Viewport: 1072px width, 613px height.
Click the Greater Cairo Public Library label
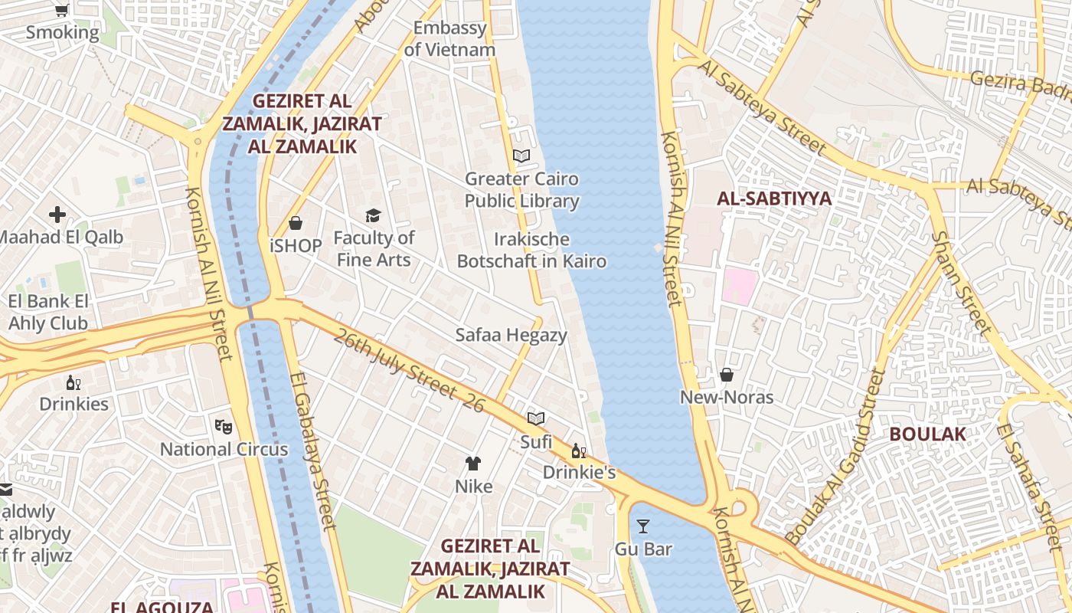pyautogui.click(x=521, y=190)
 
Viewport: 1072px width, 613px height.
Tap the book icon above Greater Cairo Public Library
pyautogui.click(x=521, y=156)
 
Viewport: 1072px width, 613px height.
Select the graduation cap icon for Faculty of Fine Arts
pyautogui.click(x=373, y=215)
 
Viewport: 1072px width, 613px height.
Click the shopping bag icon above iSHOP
pyautogui.click(x=296, y=223)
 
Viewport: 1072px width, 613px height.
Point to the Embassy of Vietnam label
pyautogui.click(x=449, y=39)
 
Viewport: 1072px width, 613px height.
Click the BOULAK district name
pyautogui.click(x=927, y=434)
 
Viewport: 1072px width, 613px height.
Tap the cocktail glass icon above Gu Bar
pyautogui.click(x=643, y=526)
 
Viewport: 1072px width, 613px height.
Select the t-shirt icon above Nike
pyautogui.click(x=473, y=463)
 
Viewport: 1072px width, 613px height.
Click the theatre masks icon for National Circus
pyautogui.click(x=223, y=425)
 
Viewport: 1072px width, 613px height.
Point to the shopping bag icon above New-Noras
pyautogui.click(x=726, y=375)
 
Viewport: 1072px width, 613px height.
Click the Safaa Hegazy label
pyautogui.click(x=511, y=335)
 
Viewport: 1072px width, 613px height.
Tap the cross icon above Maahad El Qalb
pyautogui.click(x=57, y=215)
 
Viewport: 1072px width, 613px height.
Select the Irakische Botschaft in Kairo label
pyautogui.click(x=531, y=250)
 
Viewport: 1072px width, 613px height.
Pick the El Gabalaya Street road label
pyautogui.click(x=314, y=452)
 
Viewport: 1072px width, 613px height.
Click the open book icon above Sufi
pyautogui.click(x=536, y=418)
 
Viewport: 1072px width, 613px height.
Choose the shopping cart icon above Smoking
pyautogui.click(x=62, y=10)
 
